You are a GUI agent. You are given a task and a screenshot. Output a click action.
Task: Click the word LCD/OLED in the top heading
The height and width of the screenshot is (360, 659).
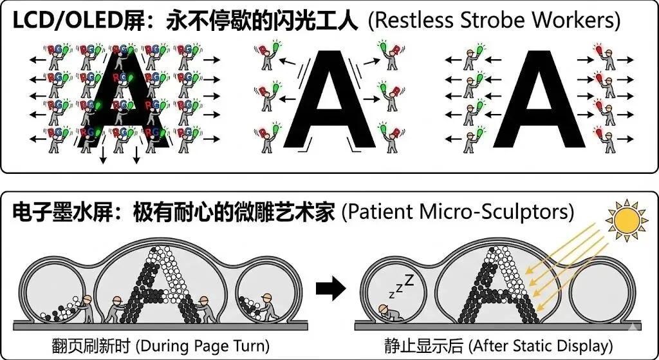[x=64, y=21]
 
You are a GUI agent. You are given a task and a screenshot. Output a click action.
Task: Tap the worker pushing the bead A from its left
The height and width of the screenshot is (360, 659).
[x=118, y=310]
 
